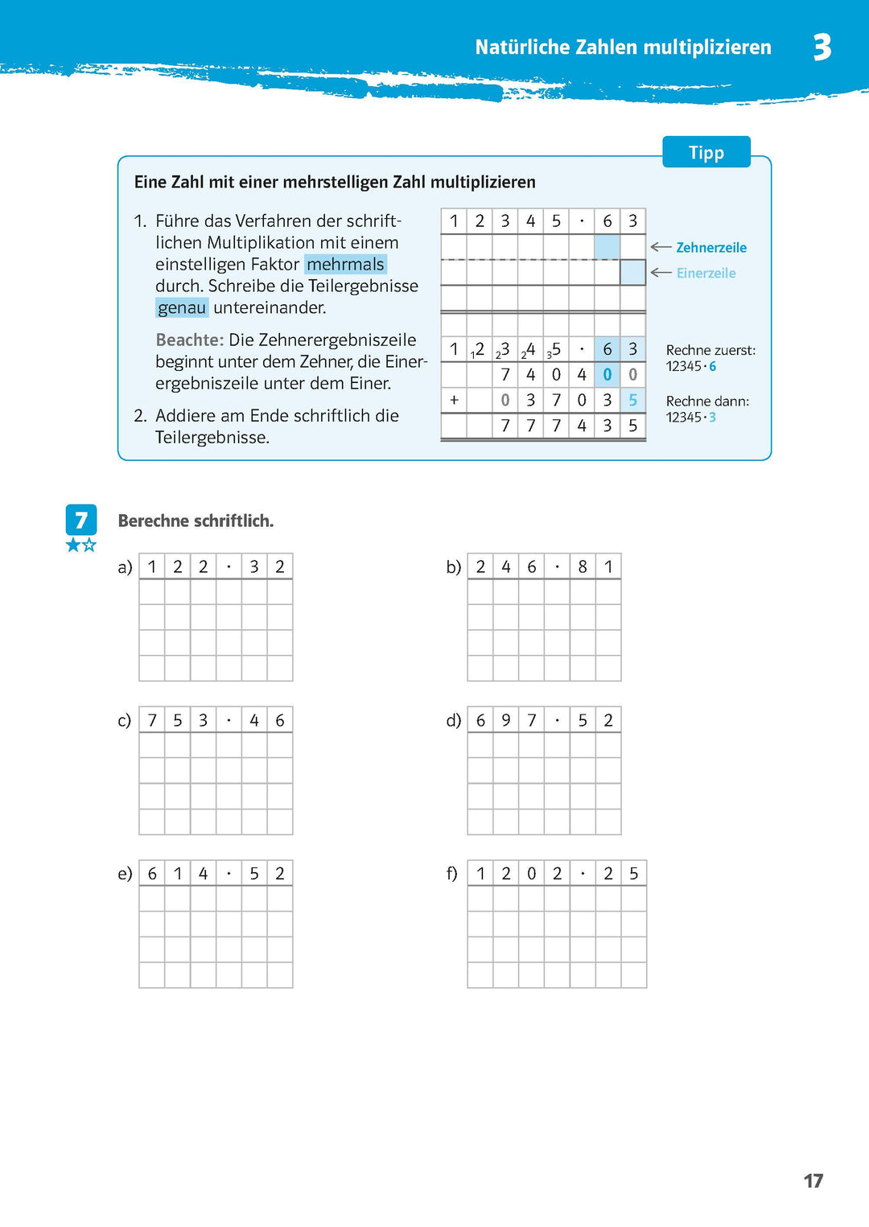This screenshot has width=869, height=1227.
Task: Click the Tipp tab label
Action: [x=706, y=153]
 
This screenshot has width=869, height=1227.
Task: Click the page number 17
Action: [x=813, y=1180]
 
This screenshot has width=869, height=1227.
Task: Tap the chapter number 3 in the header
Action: [x=822, y=47]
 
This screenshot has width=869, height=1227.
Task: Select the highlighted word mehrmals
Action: [x=345, y=265]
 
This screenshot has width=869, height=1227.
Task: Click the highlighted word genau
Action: [x=182, y=308]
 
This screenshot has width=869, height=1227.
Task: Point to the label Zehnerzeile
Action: [x=711, y=248]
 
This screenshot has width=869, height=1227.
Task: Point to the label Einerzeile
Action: [x=706, y=274]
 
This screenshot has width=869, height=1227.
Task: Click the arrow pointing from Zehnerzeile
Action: [x=661, y=247]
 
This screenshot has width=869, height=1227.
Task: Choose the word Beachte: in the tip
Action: [x=189, y=340]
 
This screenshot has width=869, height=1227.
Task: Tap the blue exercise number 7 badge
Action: [x=81, y=521]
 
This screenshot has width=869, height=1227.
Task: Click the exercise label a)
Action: [x=125, y=567]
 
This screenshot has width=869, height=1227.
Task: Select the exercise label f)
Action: [x=452, y=874]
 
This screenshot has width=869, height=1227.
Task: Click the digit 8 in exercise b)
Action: [x=583, y=567]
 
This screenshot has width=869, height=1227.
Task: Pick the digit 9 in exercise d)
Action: [x=506, y=721]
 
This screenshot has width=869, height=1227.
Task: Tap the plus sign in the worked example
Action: [x=454, y=400]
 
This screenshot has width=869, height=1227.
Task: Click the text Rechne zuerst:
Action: [x=710, y=351]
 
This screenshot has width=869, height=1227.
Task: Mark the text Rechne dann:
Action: [x=707, y=401]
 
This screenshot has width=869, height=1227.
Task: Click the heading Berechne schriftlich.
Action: [x=196, y=521]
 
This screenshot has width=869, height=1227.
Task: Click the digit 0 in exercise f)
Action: [x=531, y=874]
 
